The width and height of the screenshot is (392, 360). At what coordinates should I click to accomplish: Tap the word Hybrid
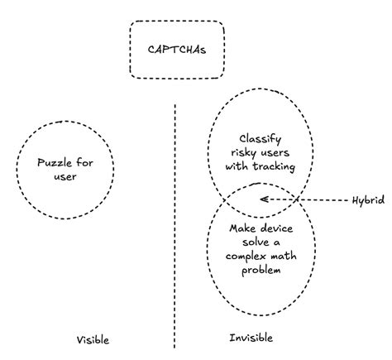[x=366, y=200]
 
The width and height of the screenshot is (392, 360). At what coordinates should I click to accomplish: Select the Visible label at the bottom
[x=92, y=339]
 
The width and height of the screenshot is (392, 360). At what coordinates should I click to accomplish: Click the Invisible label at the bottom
[x=250, y=338]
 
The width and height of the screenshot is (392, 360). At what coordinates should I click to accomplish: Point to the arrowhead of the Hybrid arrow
[x=261, y=199]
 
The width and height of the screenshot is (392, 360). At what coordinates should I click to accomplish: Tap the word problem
[x=261, y=270]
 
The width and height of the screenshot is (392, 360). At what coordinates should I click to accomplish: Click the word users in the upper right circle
[x=278, y=152]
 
